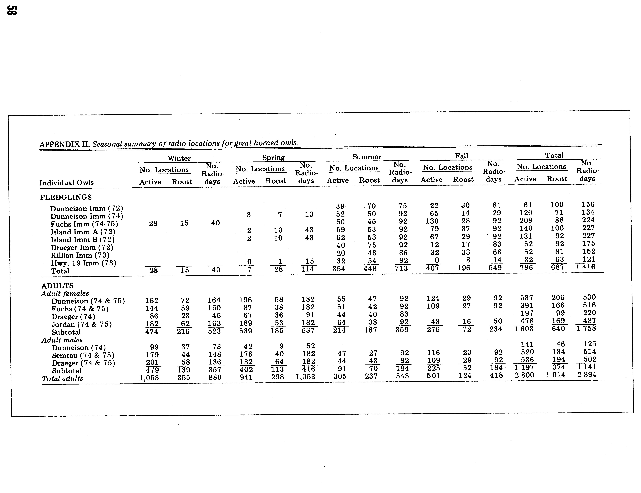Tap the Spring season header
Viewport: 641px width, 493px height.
coord(273,158)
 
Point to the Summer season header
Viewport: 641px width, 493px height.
coord(367,157)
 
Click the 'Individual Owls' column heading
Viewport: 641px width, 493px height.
coord(67,183)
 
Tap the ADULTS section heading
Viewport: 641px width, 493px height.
coord(58,286)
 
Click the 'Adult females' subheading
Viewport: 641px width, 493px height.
coord(65,293)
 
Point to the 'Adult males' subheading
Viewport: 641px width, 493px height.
coord(62,340)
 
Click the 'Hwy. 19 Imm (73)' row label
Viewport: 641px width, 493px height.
coord(84,263)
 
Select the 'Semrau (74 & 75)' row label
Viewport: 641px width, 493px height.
coord(83,355)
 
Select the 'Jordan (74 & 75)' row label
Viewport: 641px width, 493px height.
coord(82,324)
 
